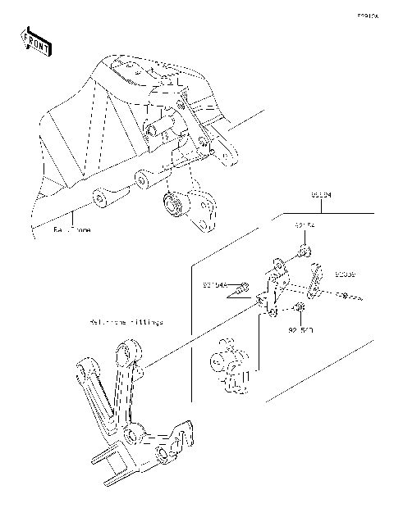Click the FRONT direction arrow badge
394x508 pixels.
[x=35, y=41]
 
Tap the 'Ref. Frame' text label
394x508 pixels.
[x=72, y=231]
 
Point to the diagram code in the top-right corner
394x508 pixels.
[x=367, y=14]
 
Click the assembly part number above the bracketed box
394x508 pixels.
[x=322, y=196]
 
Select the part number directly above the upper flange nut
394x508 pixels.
[x=304, y=224]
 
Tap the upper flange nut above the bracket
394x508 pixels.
[x=303, y=251]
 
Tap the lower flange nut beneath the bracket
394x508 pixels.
[x=299, y=309]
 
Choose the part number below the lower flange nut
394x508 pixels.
[x=301, y=333]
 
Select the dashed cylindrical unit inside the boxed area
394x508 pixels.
[x=231, y=365]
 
